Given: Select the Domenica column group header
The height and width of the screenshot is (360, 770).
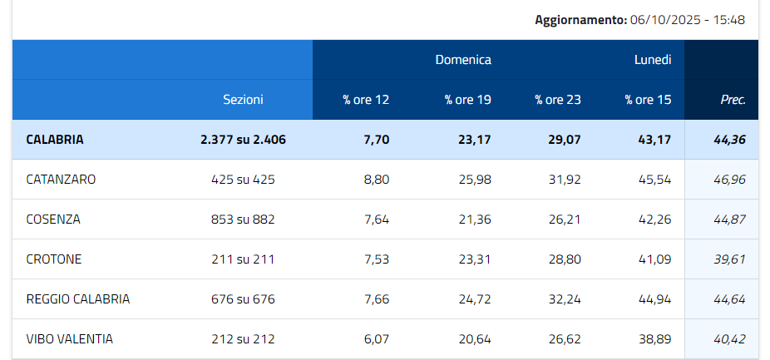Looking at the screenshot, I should (x=463, y=60).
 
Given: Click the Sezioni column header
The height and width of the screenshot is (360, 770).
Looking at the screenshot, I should (x=243, y=100).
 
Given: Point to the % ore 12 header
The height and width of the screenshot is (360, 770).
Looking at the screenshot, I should (x=366, y=100).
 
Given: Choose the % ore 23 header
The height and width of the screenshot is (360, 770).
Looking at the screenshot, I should (x=558, y=100).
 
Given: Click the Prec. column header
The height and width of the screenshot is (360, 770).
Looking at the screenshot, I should (x=733, y=100).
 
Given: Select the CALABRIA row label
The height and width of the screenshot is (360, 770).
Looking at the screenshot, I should (x=55, y=140).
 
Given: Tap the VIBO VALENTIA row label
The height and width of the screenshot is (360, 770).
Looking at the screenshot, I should (x=70, y=339).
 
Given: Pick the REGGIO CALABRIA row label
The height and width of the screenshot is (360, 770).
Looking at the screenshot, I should (x=78, y=299).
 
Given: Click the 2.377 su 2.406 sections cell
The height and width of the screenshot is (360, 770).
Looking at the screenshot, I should (x=243, y=140).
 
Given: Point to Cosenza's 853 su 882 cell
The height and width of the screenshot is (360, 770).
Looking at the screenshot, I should (x=243, y=219).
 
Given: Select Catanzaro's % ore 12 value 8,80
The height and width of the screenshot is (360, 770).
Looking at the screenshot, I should (x=377, y=180).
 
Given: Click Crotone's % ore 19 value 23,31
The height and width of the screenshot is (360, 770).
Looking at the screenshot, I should (x=475, y=259).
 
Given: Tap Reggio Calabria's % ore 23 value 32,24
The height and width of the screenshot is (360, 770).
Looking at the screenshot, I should (x=565, y=299).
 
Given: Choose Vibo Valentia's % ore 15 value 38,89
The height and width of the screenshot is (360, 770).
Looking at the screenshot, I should (x=654, y=339).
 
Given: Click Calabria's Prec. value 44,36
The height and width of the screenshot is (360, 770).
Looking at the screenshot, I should (x=729, y=140).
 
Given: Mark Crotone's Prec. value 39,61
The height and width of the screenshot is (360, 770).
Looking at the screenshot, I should (x=729, y=259).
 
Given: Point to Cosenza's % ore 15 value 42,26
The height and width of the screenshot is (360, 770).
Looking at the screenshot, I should (x=654, y=219).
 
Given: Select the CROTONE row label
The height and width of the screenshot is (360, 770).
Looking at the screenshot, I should (x=54, y=259).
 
